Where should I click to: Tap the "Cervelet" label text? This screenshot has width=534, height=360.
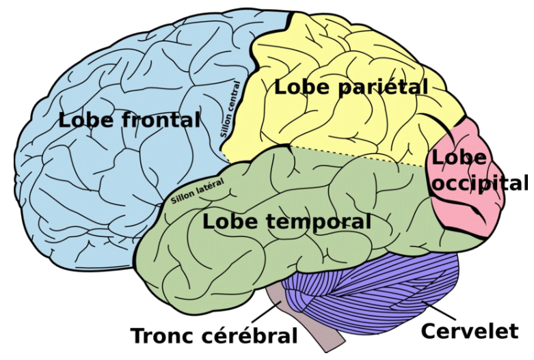469,331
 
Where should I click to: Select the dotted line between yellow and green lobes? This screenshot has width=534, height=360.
356,156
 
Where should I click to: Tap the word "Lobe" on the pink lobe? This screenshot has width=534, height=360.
459,158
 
